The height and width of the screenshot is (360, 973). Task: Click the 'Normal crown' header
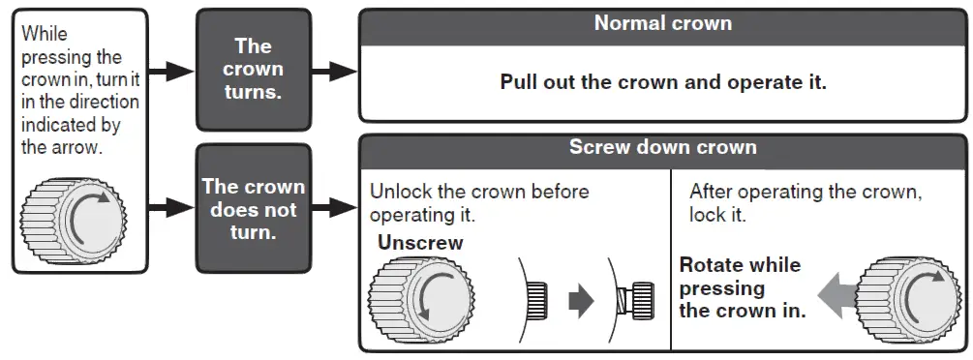pyautogui.click(x=662, y=22)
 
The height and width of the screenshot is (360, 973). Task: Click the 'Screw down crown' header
pyautogui.click(x=662, y=148)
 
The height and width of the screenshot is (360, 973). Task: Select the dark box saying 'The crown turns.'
pyautogui.click(x=253, y=70)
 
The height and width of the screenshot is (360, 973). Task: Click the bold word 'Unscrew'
pyautogui.click(x=420, y=243)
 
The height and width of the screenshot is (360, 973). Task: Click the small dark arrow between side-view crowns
pyautogui.click(x=580, y=302)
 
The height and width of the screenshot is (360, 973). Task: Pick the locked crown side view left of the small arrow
pyautogui.click(x=536, y=302)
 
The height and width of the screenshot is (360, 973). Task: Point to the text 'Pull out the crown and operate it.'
pyautogui.click(x=662, y=81)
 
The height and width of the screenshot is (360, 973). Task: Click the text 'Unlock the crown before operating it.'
pyautogui.click(x=478, y=202)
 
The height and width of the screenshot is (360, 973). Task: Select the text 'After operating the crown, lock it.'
pyautogui.click(x=805, y=202)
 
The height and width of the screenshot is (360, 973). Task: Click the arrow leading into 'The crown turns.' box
pyautogui.click(x=171, y=71)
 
